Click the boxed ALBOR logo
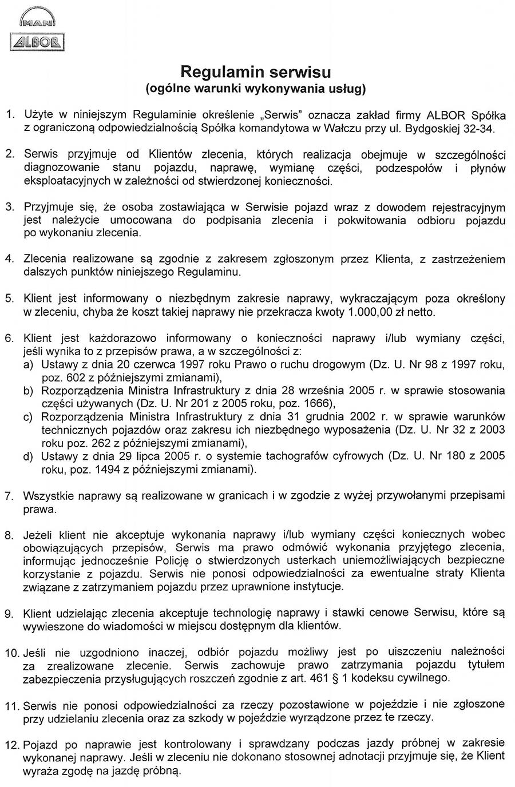click(x=37, y=42)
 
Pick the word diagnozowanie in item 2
click(x=61, y=168)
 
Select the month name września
click(x=323, y=391)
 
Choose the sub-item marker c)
click(x=28, y=417)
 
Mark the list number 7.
click(x=10, y=495)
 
